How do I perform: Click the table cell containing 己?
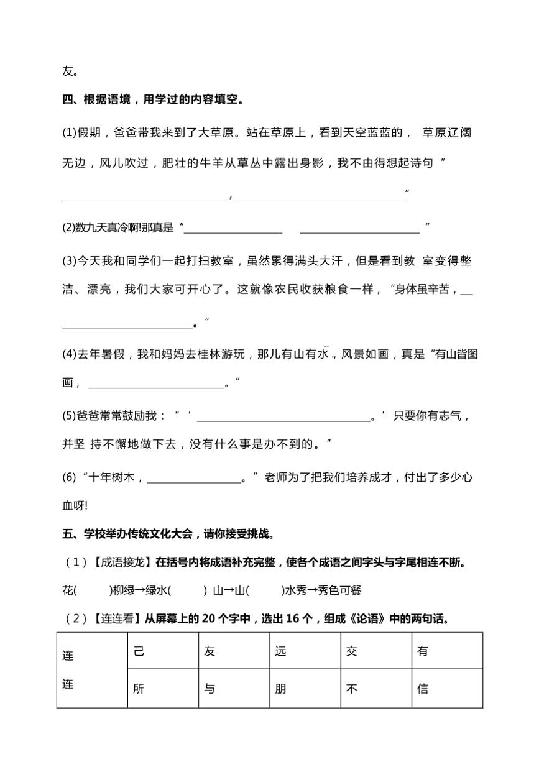coord(163,651)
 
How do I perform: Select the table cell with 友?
coord(234,651)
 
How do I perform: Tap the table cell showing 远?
coord(305,651)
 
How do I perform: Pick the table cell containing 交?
coord(375,651)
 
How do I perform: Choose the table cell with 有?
coord(447,651)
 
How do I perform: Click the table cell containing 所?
coord(163,688)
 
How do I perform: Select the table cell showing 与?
coord(234,688)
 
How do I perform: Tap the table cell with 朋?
coord(305,688)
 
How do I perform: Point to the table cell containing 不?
coord(375,688)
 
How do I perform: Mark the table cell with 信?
coord(447,688)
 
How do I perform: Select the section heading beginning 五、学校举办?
coord(168,533)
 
